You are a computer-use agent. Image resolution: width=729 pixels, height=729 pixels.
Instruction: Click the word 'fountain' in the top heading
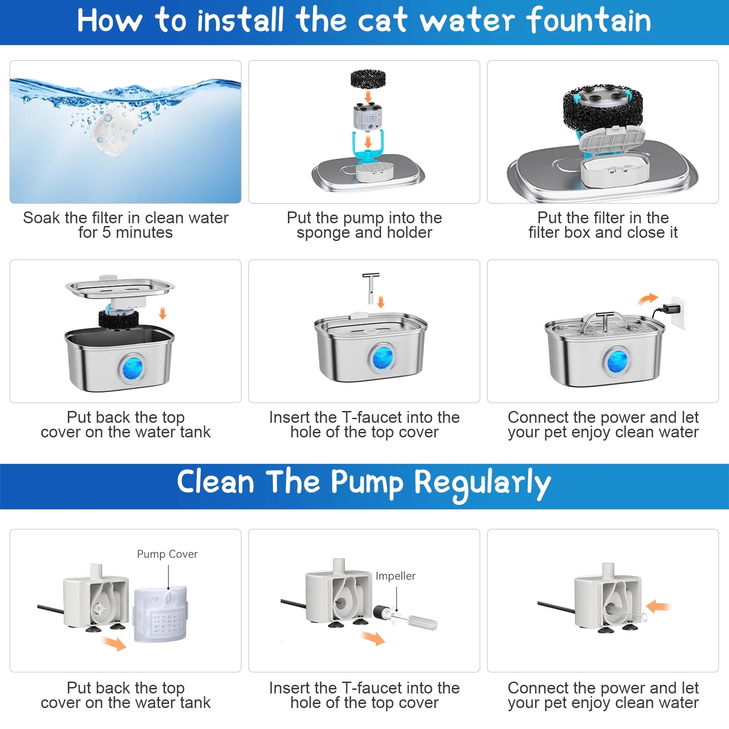[x=589, y=21]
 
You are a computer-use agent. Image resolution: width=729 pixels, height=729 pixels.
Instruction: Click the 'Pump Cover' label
[x=167, y=554]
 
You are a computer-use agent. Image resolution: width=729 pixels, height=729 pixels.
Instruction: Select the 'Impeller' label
[x=395, y=576]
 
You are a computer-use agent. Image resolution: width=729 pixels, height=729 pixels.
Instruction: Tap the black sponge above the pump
[x=368, y=79]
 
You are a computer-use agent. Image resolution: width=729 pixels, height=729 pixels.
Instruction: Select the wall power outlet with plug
[x=678, y=312]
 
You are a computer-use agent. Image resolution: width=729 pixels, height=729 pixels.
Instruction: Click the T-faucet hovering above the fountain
[x=371, y=287]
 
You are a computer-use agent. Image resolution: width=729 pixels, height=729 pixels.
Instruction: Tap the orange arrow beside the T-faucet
[x=381, y=301]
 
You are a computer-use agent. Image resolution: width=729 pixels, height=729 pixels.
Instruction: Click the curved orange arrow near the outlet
[x=647, y=299]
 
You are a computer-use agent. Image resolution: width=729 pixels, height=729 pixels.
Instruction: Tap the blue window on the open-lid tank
[x=132, y=368]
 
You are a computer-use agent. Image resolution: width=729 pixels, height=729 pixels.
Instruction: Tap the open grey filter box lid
[x=612, y=139]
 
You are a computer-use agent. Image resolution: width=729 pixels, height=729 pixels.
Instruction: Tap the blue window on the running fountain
[x=617, y=361]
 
